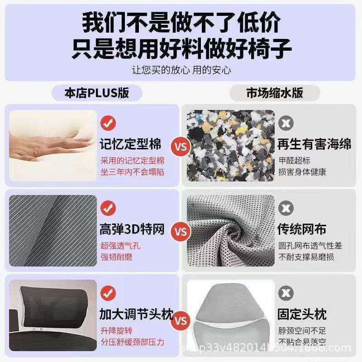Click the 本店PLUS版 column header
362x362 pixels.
[x=96, y=93]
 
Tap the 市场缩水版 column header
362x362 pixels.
[x=275, y=93]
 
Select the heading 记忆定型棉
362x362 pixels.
[x=130, y=144]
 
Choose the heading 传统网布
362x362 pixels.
[x=302, y=229]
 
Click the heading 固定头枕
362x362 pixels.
[x=302, y=314]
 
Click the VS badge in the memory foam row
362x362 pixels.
[x=181, y=147]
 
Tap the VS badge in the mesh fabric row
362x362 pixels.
[x=181, y=232]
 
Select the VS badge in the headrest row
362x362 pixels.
[x=181, y=321]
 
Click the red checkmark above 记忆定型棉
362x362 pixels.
[x=108, y=123]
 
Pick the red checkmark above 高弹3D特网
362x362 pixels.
[x=108, y=208]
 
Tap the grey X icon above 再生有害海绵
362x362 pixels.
[x=285, y=123]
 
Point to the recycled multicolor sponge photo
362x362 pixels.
[x=230, y=144]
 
